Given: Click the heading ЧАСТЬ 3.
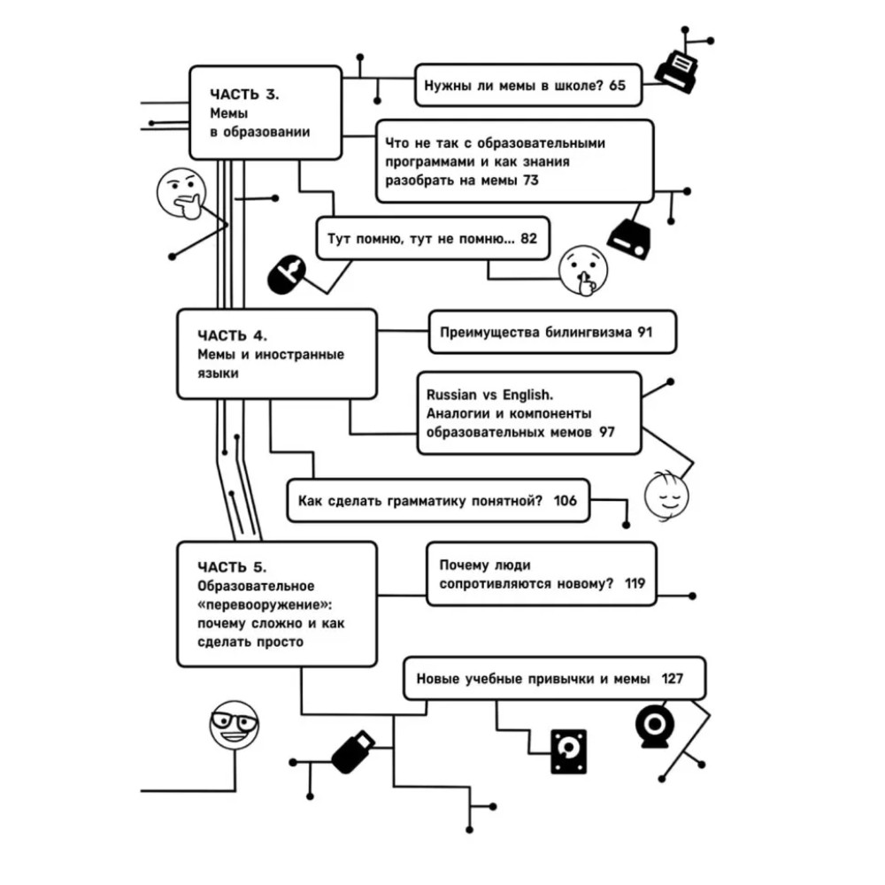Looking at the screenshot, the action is coord(244,95).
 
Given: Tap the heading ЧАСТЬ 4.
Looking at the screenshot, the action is coord(232,335).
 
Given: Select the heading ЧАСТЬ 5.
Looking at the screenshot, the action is coord(232,567).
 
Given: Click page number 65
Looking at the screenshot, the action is coord(618,85).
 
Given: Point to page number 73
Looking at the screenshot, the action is coord(530,181).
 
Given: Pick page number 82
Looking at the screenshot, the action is coord(529,239).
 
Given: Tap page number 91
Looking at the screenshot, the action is coord(645,333).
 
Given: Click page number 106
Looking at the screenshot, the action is coord(565,501).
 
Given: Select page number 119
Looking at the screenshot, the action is coord(635,583).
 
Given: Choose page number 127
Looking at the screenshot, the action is coord(673,679).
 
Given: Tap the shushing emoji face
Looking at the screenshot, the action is coord(583,270).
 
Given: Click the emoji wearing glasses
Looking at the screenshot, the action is coord(235,725).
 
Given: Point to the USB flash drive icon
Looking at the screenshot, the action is coord(353,751).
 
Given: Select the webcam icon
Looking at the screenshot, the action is coord(655,726).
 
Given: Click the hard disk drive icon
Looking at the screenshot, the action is coord(568,751).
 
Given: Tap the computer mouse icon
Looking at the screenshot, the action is coord(286,274).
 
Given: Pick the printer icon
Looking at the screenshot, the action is coord(676,71).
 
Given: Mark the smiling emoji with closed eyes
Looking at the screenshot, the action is coord(666,495).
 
